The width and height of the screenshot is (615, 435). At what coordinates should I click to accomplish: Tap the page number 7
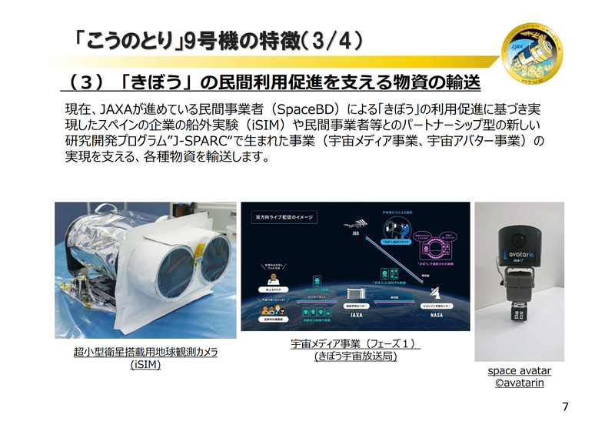point(565,407)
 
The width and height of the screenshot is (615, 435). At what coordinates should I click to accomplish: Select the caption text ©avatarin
point(519,383)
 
